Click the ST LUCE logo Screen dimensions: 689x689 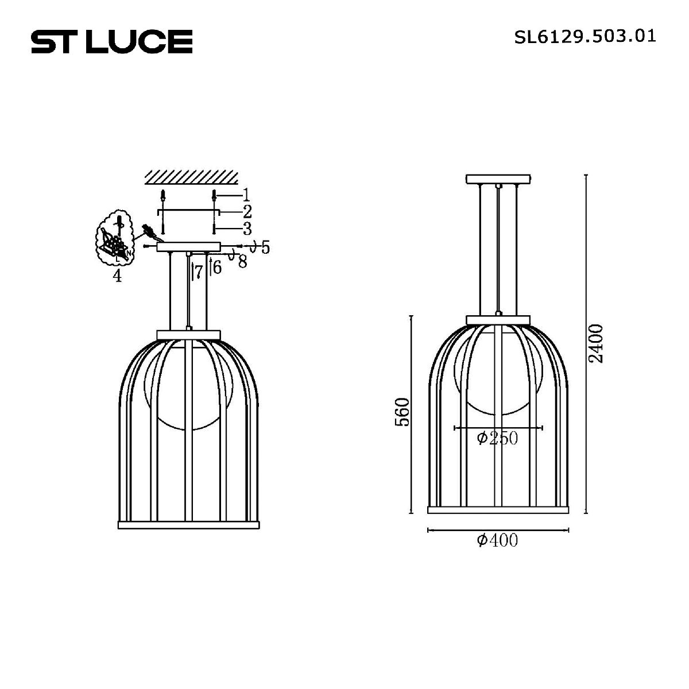pyautogui.click(x=111, y=41)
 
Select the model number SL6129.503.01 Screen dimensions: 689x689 pyautogui.click(x=585, y=37)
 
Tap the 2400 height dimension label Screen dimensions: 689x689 pyautogui.click(x=597, y=343)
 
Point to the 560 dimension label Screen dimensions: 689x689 pyautogui.click(x=404, y=411)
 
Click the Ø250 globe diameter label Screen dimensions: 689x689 pyautogui.click(x=497, y=439)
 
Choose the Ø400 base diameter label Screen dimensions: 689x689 pyautogui.click(x=497, y=540)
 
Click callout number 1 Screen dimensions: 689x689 pyautogui.click(x=246, y=194)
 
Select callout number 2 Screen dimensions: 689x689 pyautogui.click(x=247, y=211)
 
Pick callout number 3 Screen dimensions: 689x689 pyautogui.click(x=247, y=229)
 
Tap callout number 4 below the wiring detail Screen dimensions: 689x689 pyautogui.click(x=117, y=276)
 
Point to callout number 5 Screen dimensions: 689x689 pyautogui.click(x=265, y=248)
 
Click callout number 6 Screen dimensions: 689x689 pyautogui.click(x=217, y=267)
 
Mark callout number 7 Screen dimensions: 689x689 pyautogui.click(x=199, y=272)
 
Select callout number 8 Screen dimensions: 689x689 pyautogui.click(x=242, y=262)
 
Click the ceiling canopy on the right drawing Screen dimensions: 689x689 pyautogui.click(x=498, y=179)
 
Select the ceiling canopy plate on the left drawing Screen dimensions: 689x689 pyautogui.click(x=188, y=247)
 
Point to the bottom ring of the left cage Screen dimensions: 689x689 pyautogui.click(x=188, y=524)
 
